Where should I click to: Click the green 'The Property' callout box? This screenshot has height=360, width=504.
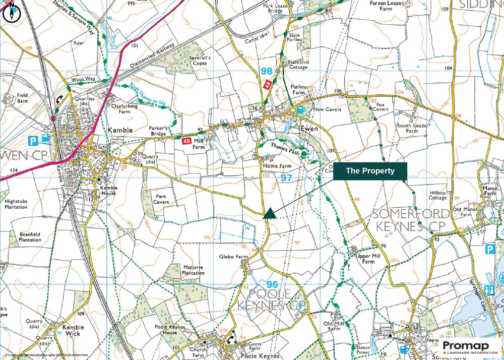click(369, 170)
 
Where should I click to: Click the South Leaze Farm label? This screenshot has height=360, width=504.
click(407, 128)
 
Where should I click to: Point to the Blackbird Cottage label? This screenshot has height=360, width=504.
click(297, 65)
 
